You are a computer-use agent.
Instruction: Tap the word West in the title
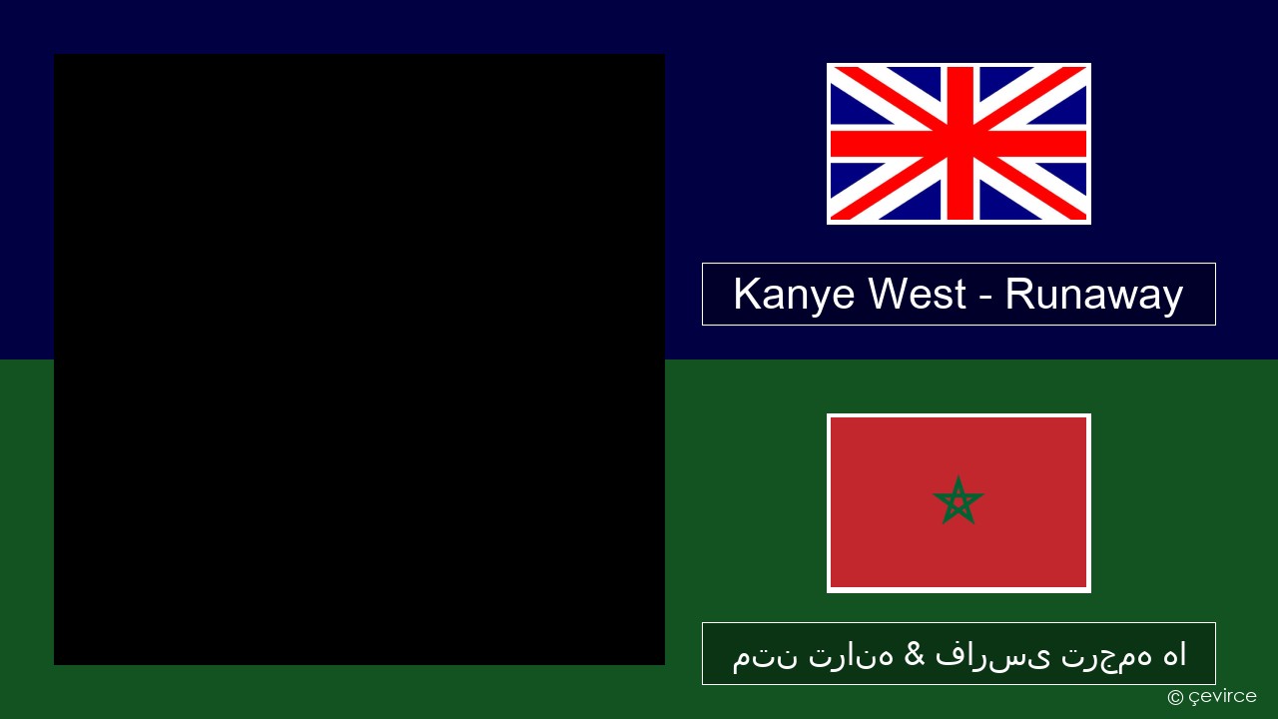(918, 294)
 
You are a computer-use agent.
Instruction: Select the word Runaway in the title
(1093, 296)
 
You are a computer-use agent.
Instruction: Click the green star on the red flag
(958, 501)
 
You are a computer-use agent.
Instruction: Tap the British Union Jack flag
(958, 144)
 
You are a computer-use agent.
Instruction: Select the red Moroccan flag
(958, 503)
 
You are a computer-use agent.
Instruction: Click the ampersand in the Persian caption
(914, 654)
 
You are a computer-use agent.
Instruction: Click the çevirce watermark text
(1222, 697)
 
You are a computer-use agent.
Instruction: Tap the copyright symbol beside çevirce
(1175, 697)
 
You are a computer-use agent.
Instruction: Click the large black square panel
(359, 359)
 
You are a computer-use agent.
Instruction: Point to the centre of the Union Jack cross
(959, 144)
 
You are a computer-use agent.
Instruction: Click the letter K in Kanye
(747, 294)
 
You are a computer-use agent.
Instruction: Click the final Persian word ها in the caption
(1174, 654)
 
